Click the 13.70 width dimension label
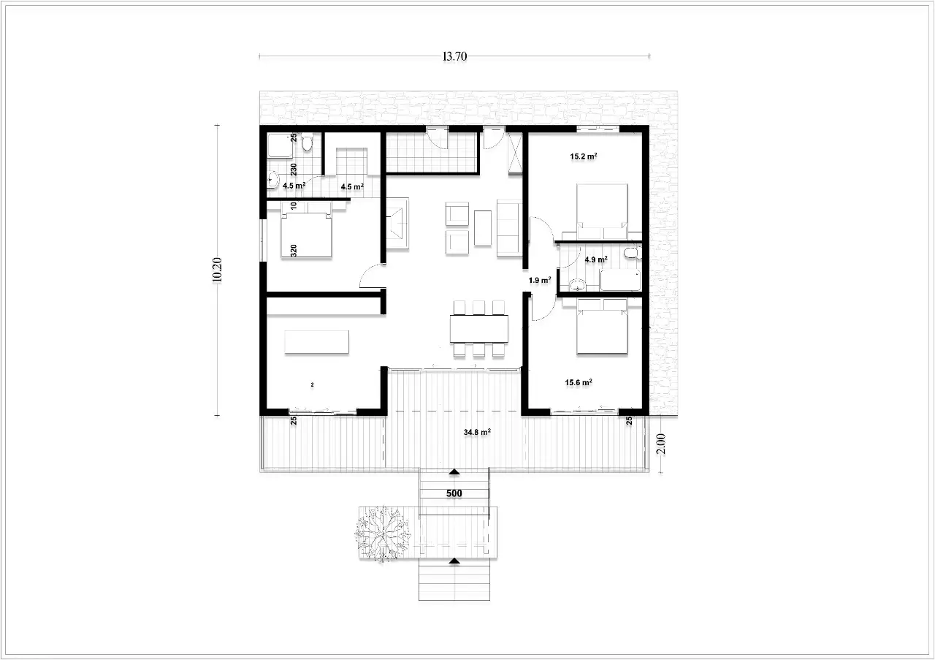(454, 56)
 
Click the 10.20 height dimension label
(217, 270)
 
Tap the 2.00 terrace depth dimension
(661, 444)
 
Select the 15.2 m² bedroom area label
(584, 156)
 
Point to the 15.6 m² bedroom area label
(579, 383)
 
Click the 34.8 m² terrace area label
(477, 433)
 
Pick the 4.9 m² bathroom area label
(596, 259)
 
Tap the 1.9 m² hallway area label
(540, 280)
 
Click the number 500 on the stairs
(454, 493)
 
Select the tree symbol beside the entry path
(382, 534)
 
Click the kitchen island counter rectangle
(317, 342)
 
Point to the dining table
(479, 329)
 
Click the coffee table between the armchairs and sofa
(483, 228)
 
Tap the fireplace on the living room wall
(397, 224)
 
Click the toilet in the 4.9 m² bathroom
(632, 253)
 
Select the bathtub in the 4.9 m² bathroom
(620, 280)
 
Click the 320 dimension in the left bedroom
(294, 251)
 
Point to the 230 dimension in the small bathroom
(294, 169)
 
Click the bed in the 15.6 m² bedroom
(602, 327)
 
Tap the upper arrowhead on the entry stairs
(454, 472)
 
